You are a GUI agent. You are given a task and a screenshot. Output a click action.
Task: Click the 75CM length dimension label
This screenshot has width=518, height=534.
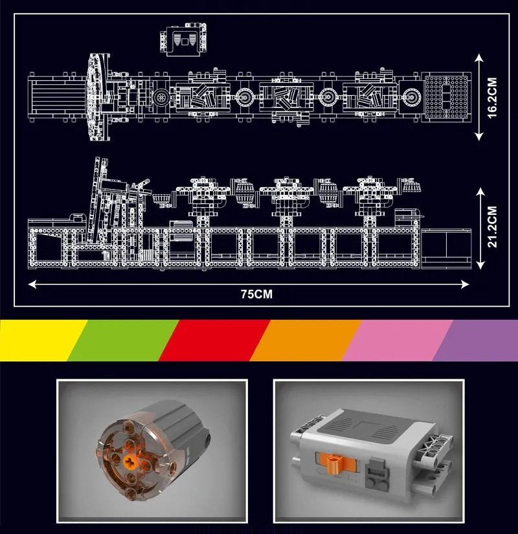pyautogui.click(x=256, y=294)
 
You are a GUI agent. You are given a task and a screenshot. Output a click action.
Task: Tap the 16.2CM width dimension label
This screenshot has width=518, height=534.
pyautogui.click(x=493, y=97)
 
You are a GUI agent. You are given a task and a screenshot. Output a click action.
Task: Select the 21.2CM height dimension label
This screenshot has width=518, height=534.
pyautogui.click(x=493, y=227)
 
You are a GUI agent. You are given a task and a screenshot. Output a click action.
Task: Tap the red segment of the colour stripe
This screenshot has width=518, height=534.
pyautogui.click(x=214, y=340)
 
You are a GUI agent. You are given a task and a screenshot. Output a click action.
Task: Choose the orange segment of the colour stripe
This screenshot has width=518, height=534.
pyautogui.click(x=305, y=340)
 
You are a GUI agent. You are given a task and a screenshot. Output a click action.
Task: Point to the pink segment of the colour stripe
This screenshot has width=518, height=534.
pyautogui.click(x=397, y=340)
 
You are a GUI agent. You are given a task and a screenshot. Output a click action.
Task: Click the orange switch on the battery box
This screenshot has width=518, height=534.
pyautogui.click(x=335, y=463)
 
